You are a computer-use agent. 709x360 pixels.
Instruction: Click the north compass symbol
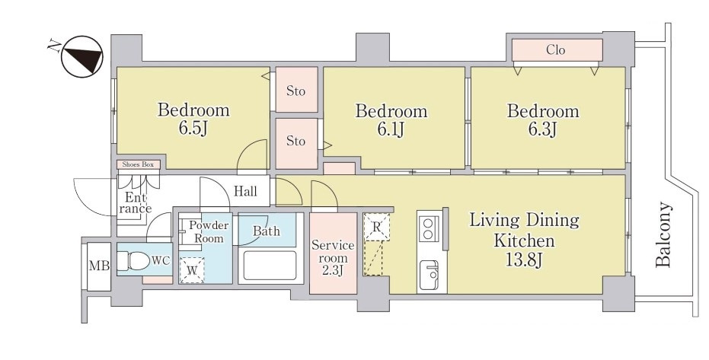click(81, 56)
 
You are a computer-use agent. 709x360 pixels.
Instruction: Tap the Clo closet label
click(556, 49)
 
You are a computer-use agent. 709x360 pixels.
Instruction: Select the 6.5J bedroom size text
click(193, 129)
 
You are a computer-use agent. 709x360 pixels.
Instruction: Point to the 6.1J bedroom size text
click(391, 129)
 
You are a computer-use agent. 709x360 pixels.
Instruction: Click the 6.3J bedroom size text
click(542, 129)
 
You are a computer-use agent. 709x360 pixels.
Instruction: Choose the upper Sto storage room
click(297, 90)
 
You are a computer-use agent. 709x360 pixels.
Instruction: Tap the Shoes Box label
click(138, 165)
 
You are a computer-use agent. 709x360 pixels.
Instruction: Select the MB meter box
click(99, 266)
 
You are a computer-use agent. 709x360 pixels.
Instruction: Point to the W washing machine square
click(192, 270)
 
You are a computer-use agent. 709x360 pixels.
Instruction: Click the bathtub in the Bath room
click(270, 266)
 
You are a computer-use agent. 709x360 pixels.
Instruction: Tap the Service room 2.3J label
click(333, 258)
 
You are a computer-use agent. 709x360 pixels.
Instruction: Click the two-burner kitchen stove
click(429, 229)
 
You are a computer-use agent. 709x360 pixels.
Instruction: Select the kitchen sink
click(429, 275)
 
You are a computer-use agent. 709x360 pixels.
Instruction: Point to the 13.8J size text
click(524, 260)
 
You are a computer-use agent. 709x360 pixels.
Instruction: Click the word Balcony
click(663, 234)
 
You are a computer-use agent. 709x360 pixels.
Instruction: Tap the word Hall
click(245, 192)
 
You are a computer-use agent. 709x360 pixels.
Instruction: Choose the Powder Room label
click(209, 231)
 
